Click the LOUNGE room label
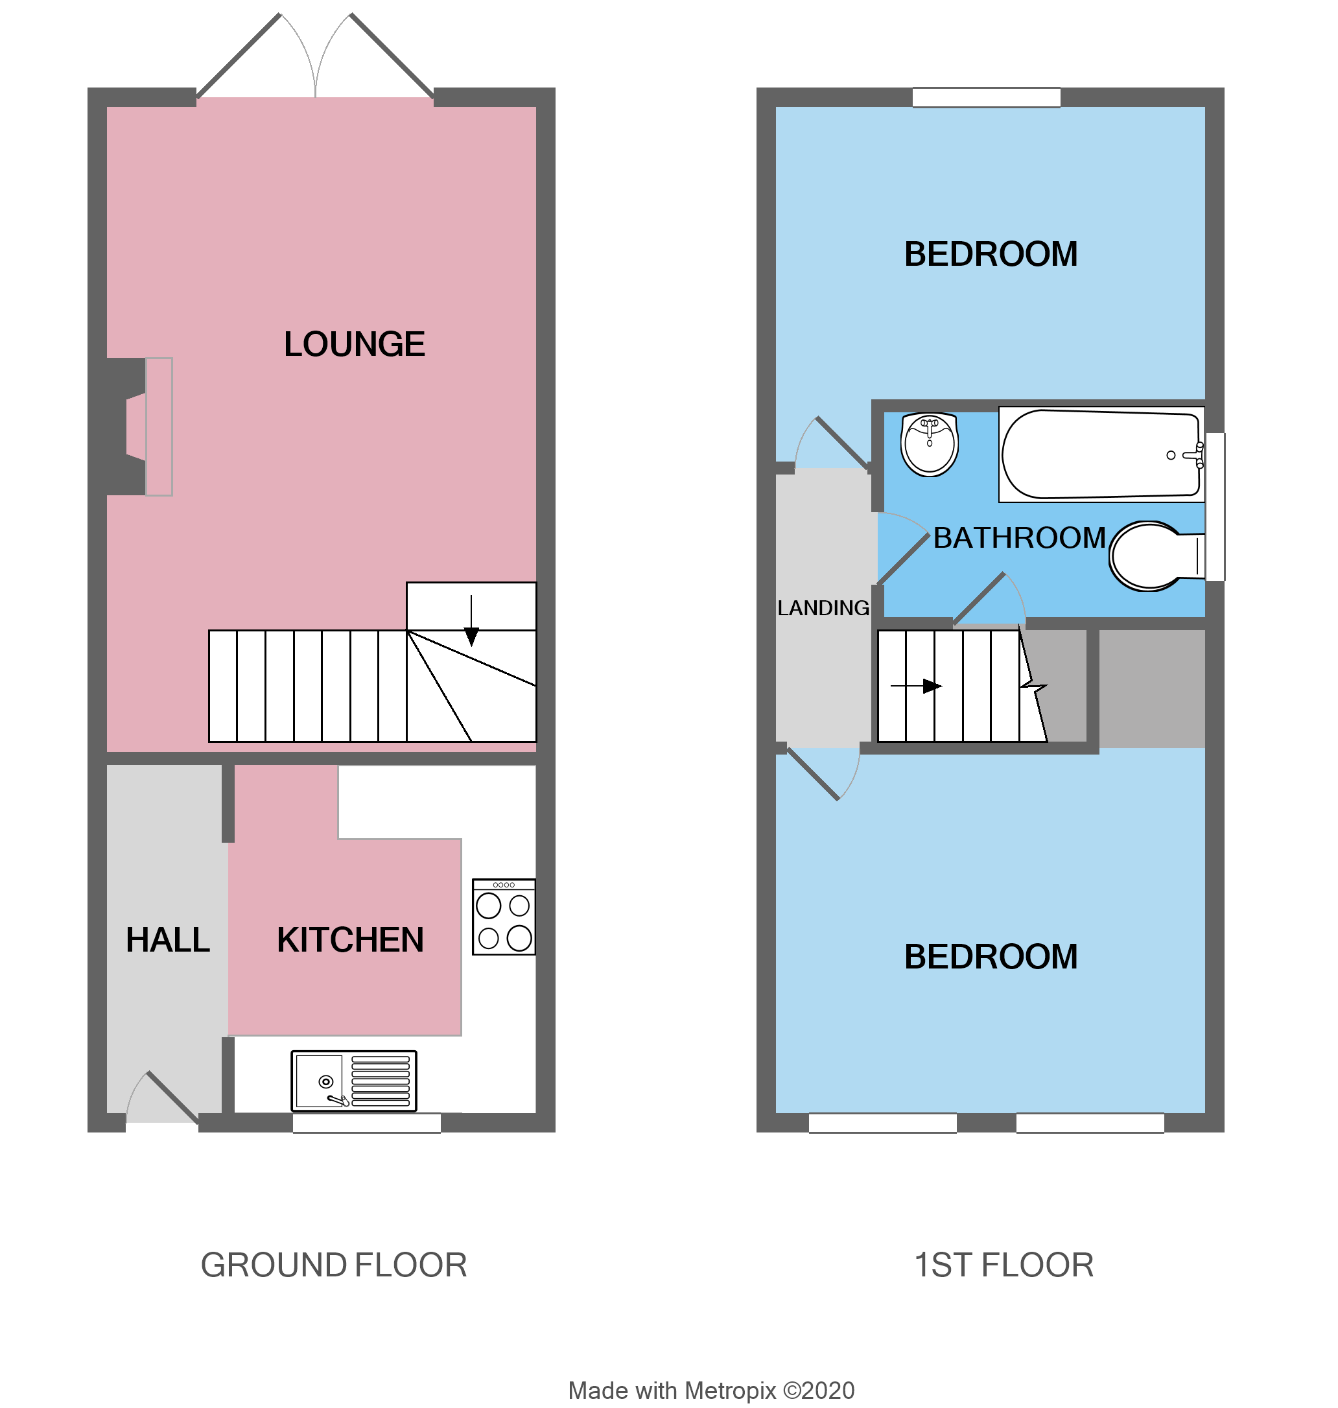point(355,344)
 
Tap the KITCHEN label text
point(350,940)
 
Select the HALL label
point(168,940)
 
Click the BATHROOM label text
point(1019,539)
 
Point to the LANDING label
point(823,609)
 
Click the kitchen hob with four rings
point(504,917)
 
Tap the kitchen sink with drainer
point(354,1081)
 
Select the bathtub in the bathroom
point(1101,454)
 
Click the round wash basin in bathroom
point(930,444)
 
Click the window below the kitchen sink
point(367,1123)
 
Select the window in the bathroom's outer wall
point(1215,507)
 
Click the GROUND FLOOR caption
point(334,1265)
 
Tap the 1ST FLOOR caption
point(1004,1265)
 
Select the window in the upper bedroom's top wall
point(987,98)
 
